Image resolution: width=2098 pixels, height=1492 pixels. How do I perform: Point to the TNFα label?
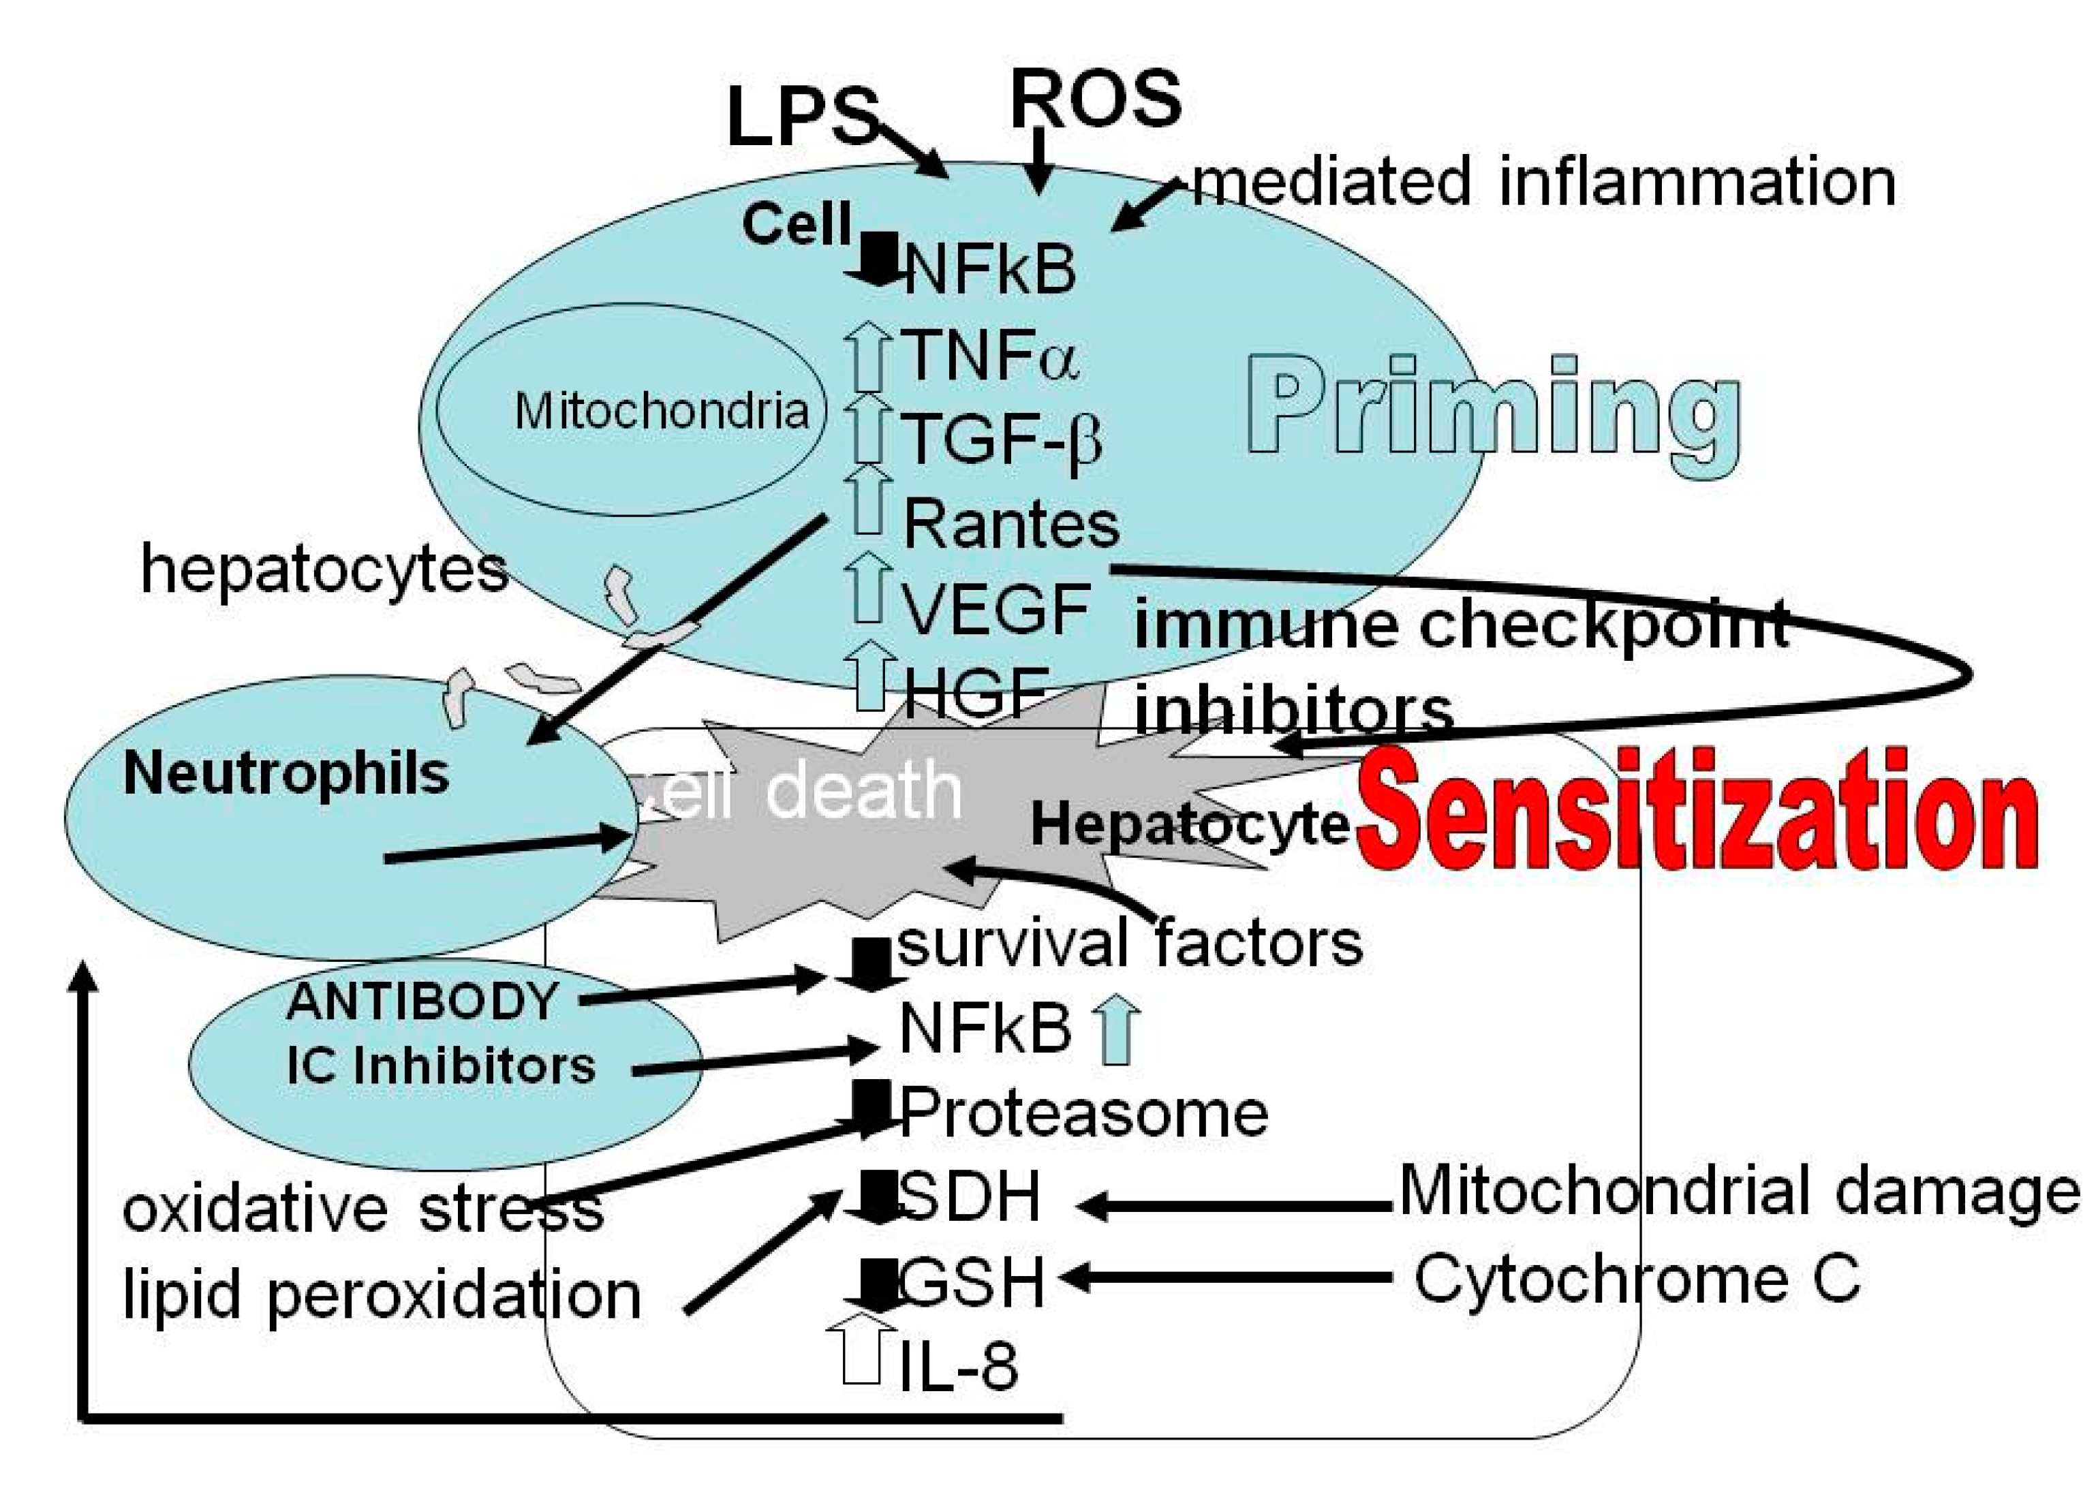[991, 355]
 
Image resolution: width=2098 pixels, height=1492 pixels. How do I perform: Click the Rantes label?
[1011, 524]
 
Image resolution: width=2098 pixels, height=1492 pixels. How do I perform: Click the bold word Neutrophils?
[286, 773]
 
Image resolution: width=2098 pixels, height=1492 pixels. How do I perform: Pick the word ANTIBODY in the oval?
[422, 1001]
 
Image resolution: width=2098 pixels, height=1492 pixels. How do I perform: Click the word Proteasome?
[1083, 1113]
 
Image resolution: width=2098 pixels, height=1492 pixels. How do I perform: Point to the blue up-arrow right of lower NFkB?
[1115, 1031]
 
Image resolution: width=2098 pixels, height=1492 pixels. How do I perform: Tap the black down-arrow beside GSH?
[878, 1284]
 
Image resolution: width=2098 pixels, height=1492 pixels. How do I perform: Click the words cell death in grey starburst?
[809, 792]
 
